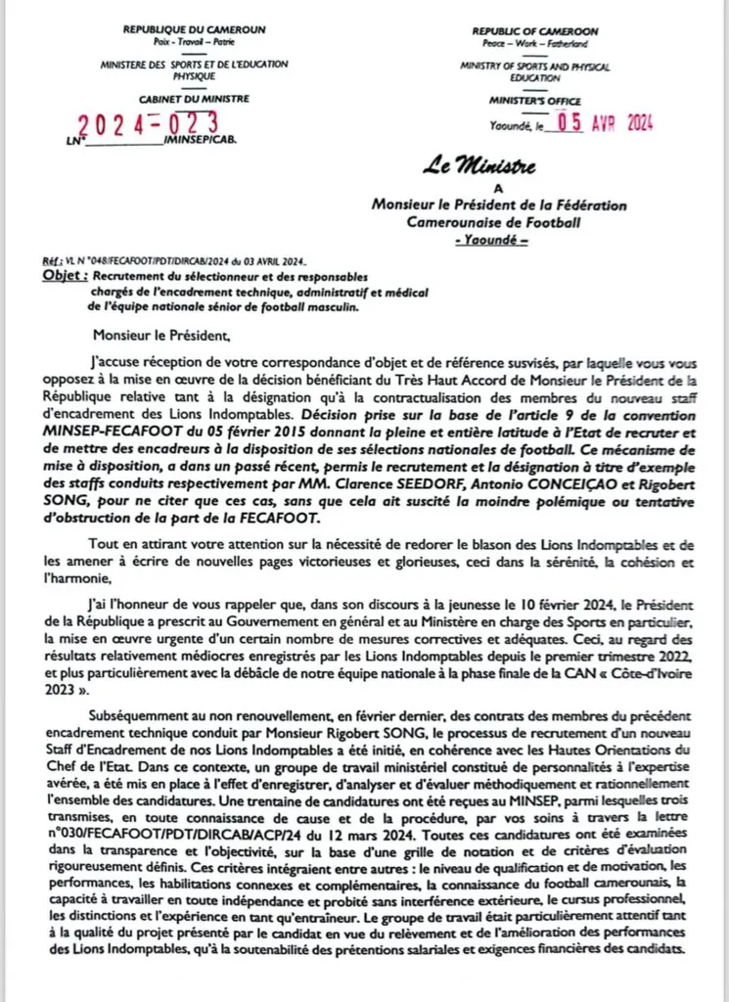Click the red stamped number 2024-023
tap(148, 125)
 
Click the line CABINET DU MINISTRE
tap(194, 99)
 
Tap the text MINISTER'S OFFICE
tap(535, 101)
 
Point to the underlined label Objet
tap(66, 277)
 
